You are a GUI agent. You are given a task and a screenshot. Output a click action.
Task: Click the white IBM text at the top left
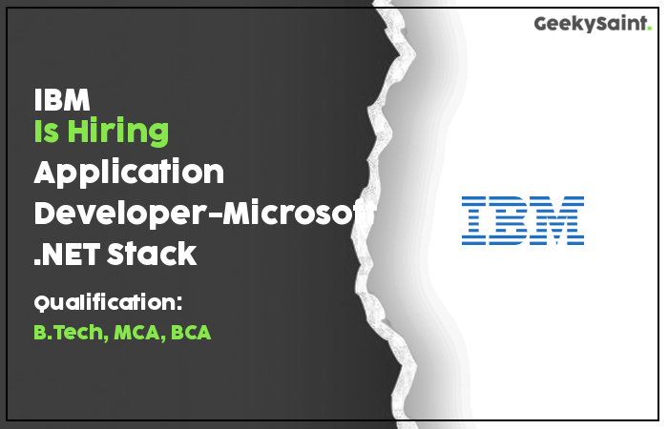62,99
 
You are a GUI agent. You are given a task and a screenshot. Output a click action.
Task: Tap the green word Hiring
118,132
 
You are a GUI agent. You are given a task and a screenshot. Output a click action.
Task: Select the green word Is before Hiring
46,131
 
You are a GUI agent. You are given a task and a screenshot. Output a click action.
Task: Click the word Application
129,173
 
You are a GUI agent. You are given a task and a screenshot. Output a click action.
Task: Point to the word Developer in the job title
119,214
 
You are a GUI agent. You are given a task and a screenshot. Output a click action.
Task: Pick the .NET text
67,254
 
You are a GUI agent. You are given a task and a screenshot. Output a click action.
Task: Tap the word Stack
152,254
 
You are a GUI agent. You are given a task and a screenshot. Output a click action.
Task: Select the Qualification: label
108,302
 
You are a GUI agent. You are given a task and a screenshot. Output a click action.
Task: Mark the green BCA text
191,333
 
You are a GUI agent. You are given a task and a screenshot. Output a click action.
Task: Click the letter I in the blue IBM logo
473,220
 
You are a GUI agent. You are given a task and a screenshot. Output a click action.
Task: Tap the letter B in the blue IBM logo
509,220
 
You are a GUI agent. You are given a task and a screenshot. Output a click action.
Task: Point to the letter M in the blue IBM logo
557,220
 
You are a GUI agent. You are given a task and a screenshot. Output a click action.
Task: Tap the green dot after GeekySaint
649,29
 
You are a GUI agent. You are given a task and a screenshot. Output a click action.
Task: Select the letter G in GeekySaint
541,24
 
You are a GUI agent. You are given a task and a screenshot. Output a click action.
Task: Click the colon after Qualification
179,302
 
